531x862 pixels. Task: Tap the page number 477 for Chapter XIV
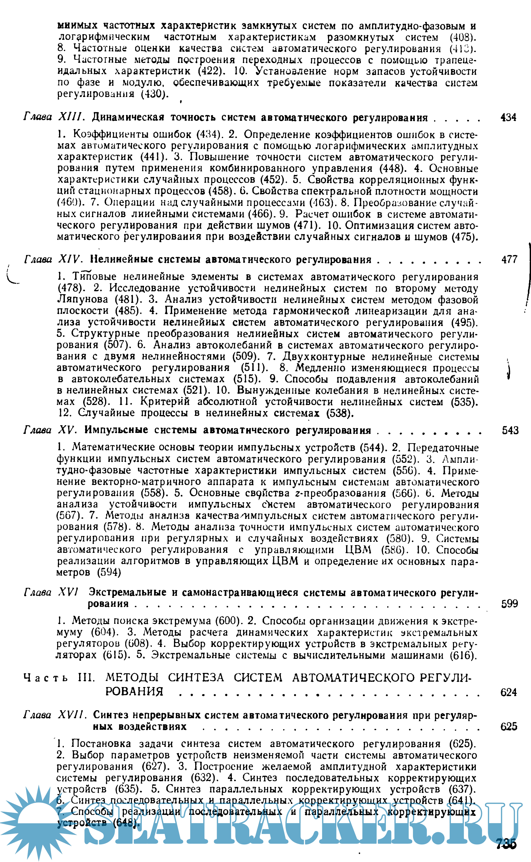point(509,260)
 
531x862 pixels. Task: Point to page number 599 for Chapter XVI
point(509,603)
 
